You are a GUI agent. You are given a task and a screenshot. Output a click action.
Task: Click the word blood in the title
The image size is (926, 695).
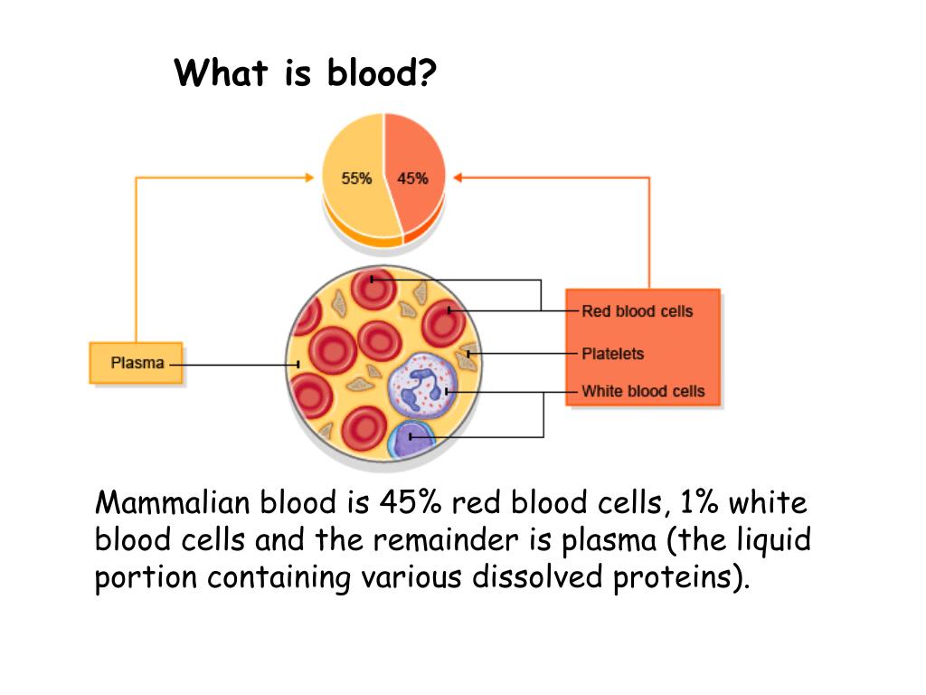(370, 72)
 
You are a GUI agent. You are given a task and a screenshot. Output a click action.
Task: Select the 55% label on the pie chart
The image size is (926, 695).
(356, 178)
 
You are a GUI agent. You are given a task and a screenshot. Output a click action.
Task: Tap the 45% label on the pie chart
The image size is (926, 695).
(412, 178)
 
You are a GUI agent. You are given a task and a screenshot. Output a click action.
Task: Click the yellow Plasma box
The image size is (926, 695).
(136, 363)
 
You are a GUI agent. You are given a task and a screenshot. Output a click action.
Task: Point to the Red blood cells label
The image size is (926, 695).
(638, 311)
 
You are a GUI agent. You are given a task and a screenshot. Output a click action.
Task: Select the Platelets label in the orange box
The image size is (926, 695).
(612, 354)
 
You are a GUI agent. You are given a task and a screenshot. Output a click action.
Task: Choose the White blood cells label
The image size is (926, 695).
(643, 391)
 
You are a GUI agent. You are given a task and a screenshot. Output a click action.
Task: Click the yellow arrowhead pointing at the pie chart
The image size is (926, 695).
(309, 177)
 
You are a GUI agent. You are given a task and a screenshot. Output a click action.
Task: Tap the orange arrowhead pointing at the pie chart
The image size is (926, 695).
(458, 177)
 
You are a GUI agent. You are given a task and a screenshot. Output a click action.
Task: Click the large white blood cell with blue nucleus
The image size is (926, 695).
(421, 386)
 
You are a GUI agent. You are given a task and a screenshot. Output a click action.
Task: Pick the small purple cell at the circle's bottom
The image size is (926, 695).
(411, 440)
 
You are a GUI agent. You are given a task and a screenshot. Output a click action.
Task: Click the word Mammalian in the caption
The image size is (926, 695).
(173, 502)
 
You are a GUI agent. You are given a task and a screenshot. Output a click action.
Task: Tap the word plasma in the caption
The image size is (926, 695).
(609, 541)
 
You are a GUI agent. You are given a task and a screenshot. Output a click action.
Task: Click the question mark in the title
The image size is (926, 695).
(425, 72)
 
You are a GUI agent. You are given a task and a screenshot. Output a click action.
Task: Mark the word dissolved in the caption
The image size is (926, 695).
(537, 576)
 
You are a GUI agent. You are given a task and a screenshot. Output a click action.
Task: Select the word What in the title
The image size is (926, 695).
(221, 72)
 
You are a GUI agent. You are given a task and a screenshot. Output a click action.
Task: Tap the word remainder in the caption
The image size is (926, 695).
(445, 539)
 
